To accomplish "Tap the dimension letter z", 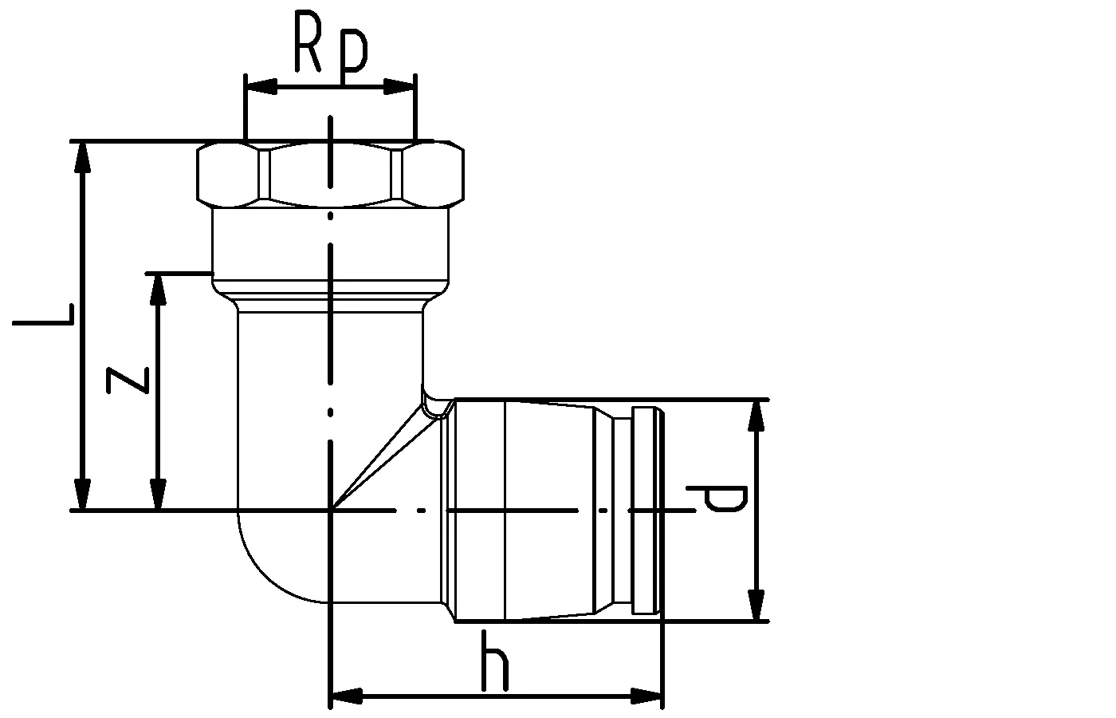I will tap(128, 379).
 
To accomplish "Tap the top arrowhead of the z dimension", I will tap(159, 289).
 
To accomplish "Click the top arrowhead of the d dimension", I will tap(756, 416).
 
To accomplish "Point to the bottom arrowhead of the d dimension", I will tap(756, 604).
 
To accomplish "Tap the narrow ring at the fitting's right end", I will tap(646, 511).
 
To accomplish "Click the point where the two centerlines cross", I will tap(330, 509).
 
